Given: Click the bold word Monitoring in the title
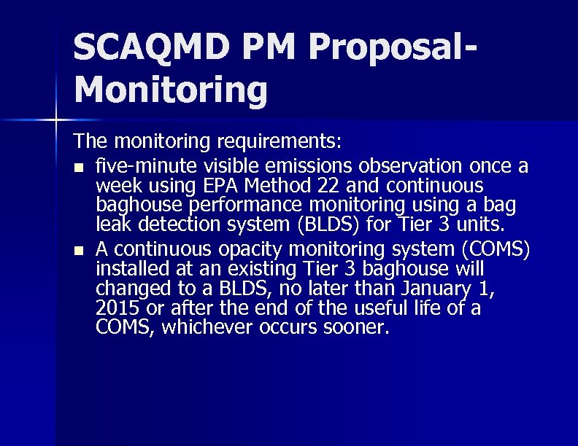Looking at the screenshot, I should (171, 90).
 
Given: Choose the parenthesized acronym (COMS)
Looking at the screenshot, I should (496, 249).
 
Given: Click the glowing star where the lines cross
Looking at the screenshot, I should (56, 118).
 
